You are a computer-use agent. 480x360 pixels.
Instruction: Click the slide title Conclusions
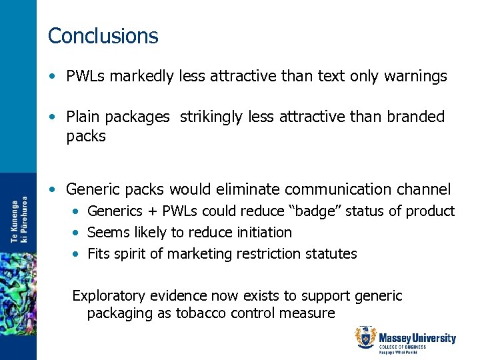pyautogui.click(x=103, y=36)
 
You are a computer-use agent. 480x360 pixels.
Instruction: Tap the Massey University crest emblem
pyautogui.click(x=365, y=338)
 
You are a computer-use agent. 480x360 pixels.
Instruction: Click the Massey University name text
pyautogui.click(x=417, y=338)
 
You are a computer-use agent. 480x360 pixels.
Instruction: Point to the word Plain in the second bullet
pyautogui.click(x=83, y=117)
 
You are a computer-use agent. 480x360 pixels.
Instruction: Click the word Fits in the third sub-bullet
pyautogui.click(x=99, y=254)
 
